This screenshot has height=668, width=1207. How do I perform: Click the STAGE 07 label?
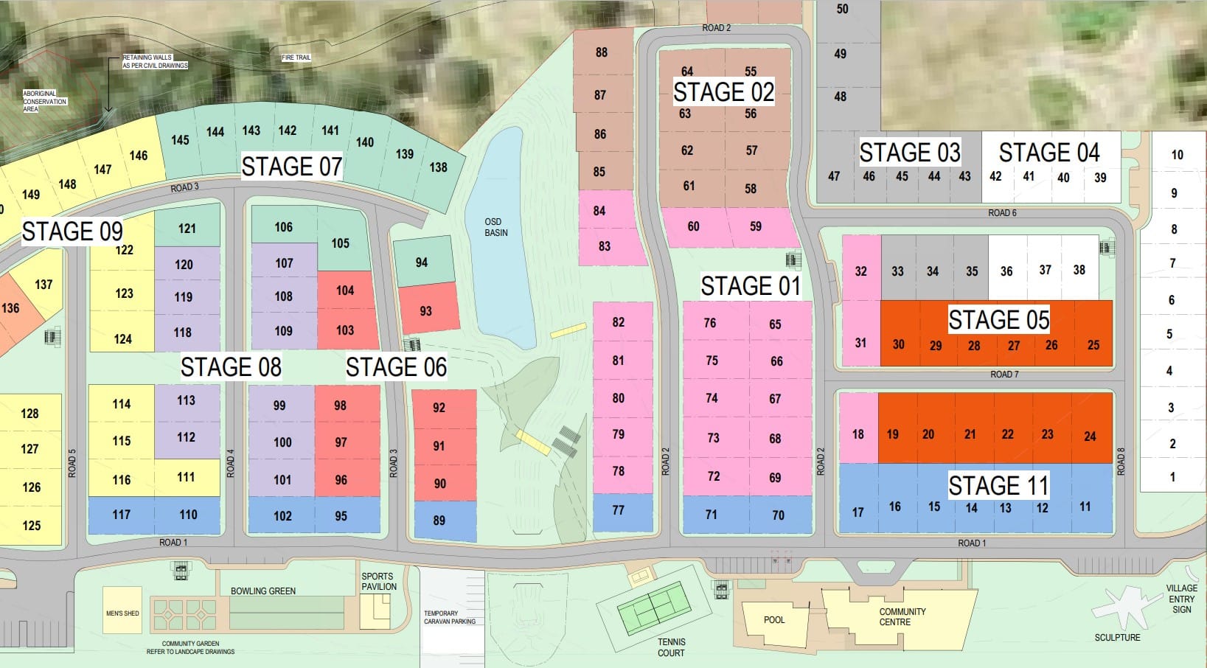pos(291,167)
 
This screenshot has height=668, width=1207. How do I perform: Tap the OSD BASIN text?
pos(495,227)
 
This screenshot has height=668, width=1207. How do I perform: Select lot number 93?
pos(425,311)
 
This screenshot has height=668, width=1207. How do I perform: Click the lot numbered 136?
pos(10,308)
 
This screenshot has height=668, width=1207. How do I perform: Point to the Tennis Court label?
pos(671,647)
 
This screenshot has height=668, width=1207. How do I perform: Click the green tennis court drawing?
pos(653,608)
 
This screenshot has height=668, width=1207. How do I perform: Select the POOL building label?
pos(774,620)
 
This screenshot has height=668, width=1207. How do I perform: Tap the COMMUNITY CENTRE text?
pos(902,617)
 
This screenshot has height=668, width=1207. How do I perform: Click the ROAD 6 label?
pos(1002,213)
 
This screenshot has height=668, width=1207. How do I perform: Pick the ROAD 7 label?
pos(1004,375)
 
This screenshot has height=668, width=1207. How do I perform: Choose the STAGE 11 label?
pos(998,485)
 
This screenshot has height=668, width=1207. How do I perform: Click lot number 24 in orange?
pos(1090,436)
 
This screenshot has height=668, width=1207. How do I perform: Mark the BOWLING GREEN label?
pos(262,591)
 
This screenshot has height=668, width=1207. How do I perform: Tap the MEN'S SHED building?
pos(122,613)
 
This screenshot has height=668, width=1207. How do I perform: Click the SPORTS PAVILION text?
pos(378,582)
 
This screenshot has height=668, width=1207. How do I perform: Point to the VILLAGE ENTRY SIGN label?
pos(1181,599)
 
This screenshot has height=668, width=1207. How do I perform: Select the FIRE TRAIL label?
pos(296,58)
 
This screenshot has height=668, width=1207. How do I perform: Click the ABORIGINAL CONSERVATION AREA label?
pos(44,102)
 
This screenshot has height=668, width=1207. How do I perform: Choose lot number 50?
pos(842,10)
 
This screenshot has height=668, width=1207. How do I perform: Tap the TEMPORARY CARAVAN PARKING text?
pos(450,617)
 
